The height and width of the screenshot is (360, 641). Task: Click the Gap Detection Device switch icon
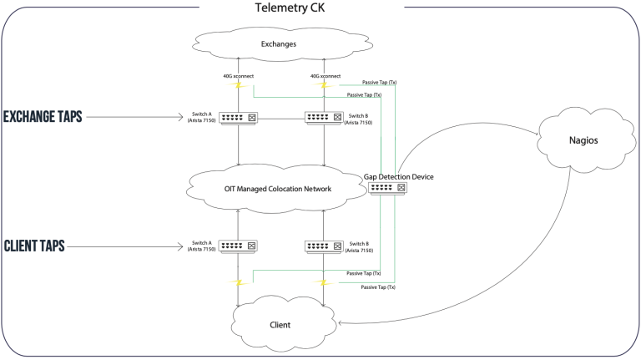[389, 189]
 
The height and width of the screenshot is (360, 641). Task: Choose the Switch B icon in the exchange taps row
[324, 118]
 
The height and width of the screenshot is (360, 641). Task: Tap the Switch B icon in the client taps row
[324, 246]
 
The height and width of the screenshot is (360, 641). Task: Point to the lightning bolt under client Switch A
[239, 282]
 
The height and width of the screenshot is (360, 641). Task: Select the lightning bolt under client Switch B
[324, 282]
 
